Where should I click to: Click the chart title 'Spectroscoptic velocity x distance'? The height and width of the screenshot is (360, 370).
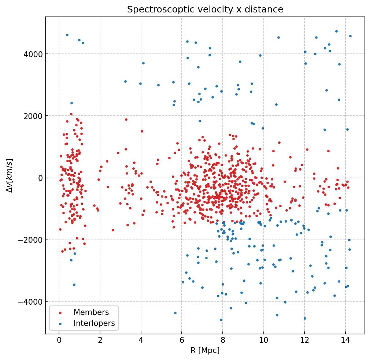tap(205, 10)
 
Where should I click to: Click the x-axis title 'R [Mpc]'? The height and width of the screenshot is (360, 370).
tap(205, 350)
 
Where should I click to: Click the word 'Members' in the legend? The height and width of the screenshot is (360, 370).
tap(91, 312)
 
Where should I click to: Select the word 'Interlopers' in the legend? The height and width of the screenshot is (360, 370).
tap(94, 323)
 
